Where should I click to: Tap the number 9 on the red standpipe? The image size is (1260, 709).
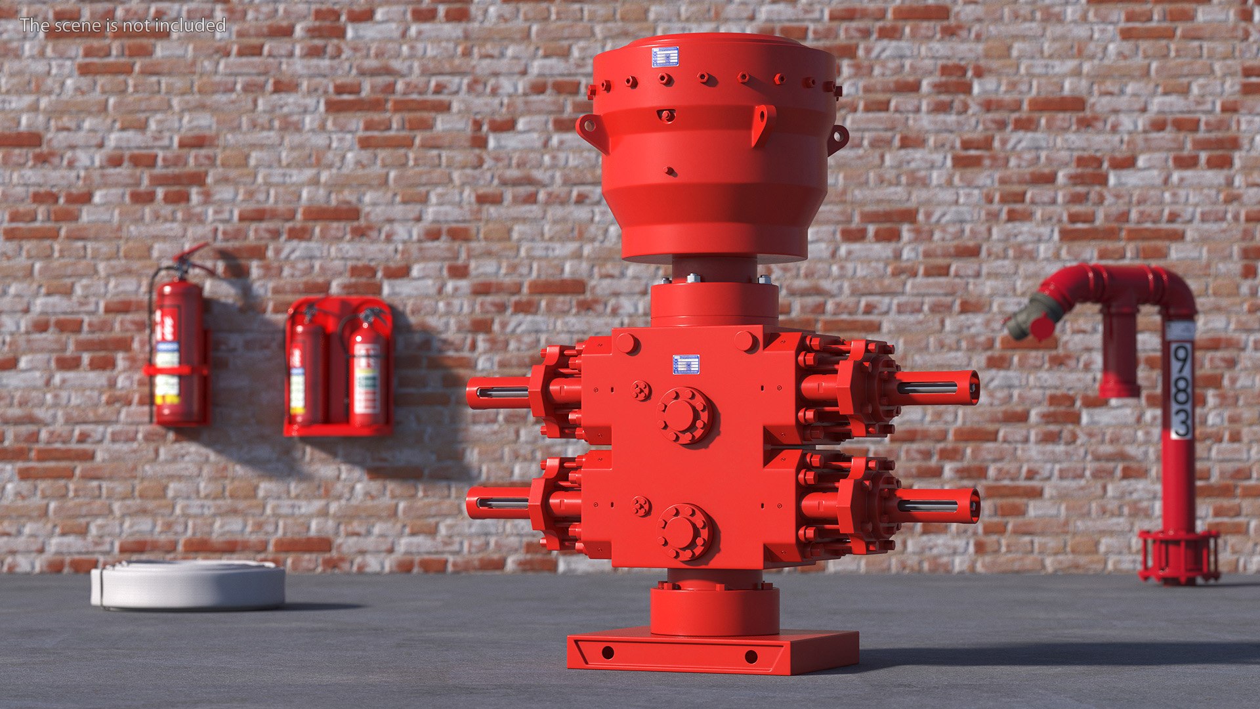click(1181, 361)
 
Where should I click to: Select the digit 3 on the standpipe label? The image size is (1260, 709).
click(1181, 421)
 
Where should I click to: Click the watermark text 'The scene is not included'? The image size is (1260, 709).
click(123, 25)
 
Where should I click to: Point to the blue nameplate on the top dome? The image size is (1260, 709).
click(665, 57)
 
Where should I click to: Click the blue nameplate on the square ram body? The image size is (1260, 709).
click(686, 364)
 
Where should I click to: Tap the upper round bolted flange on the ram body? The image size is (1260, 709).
click(684, 415)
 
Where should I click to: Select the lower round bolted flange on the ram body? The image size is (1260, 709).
click(684, 532)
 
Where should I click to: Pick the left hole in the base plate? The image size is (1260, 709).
click(608, 653)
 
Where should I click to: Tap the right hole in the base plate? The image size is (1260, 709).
click(751, 656)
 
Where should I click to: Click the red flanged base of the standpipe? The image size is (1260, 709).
click(1179, 557)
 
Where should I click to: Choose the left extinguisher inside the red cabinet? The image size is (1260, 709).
click(306, 374)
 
